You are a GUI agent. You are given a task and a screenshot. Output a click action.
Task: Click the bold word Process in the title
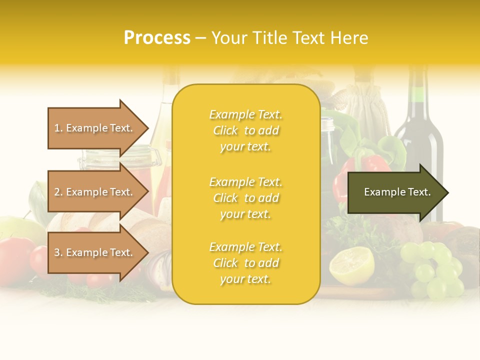(157, 38)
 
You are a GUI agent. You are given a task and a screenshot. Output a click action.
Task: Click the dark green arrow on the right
(395, 192)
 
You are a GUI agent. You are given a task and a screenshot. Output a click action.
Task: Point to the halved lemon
(352, 264)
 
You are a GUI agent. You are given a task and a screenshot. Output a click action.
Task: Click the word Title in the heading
(272, 38)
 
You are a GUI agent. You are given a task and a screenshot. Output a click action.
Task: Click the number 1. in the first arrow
(58, 128)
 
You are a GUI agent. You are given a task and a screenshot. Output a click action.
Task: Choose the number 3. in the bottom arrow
(58, 252)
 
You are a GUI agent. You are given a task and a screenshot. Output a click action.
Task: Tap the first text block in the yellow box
(245, 130)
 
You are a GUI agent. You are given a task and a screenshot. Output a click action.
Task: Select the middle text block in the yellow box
(245, 198)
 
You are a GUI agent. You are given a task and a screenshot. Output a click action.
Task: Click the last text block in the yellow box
(245, 263)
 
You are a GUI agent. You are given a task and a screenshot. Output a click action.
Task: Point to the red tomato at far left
(14, 260)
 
